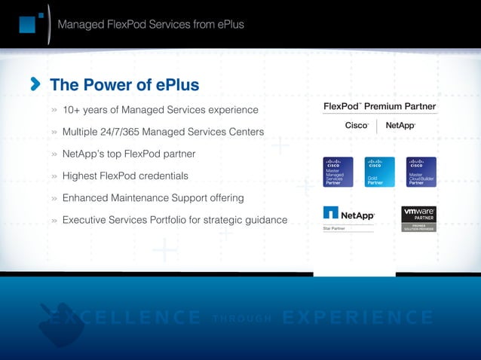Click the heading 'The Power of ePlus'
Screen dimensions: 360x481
pos(124,84)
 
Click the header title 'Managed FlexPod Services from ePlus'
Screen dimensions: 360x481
pos(151,25)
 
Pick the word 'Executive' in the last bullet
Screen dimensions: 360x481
pos(88,220)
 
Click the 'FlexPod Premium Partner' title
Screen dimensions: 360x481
pos(379,106)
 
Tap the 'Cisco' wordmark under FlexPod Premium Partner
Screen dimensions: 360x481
pos(357,126)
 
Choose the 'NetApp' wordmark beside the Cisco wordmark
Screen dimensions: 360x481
pos(400,126)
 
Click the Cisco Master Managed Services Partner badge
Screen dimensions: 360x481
pos(334,172)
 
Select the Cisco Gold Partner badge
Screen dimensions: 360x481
pos(375,172)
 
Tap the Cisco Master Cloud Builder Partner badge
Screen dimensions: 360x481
pos(416,172)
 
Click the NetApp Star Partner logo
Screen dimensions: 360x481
pos(348,218)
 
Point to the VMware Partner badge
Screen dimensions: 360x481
pos(419,218)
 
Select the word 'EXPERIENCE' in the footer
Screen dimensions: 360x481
pos(358,319)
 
